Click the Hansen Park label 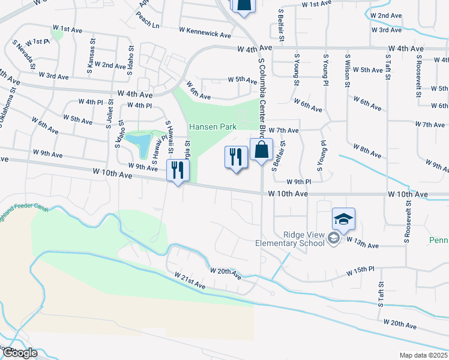point(213,127)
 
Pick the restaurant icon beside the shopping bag point(236,157)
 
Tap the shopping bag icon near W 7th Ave point(261,151)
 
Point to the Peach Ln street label point(148,26)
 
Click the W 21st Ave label point(190,281)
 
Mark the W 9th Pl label point(299,181)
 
